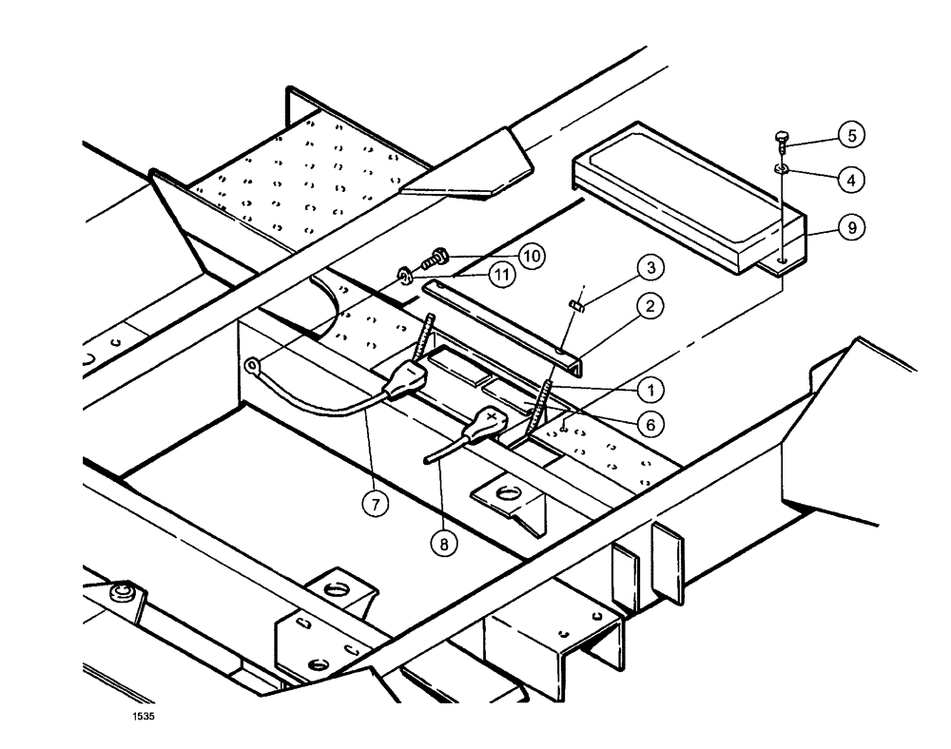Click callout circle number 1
pos(650,388)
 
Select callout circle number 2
pos(650,307)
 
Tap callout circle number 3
pos(650,268)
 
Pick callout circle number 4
pos(851,178)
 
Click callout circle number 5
pos(851,136)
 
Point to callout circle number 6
pos(650,426)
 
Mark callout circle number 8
pos(443,545)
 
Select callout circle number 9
pos(851,228)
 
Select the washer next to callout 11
pos(404,277)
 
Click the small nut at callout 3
pos(575,304)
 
